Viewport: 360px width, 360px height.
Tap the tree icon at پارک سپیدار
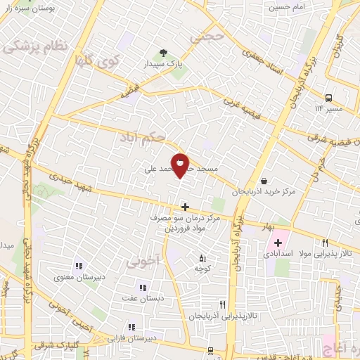[x=163, y=53]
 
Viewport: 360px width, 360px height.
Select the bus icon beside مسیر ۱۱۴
[x=328, y=98]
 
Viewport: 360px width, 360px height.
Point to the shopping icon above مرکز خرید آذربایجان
[x=263, y=180]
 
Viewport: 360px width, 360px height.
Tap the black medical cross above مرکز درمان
[x=185, y=207]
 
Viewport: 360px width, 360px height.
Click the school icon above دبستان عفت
[x=143, y=287]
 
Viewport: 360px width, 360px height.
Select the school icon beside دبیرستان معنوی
[x=78, y=266]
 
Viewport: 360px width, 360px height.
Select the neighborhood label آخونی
[x=143, y=263]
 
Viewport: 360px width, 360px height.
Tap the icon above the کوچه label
[x=203, y=257]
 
